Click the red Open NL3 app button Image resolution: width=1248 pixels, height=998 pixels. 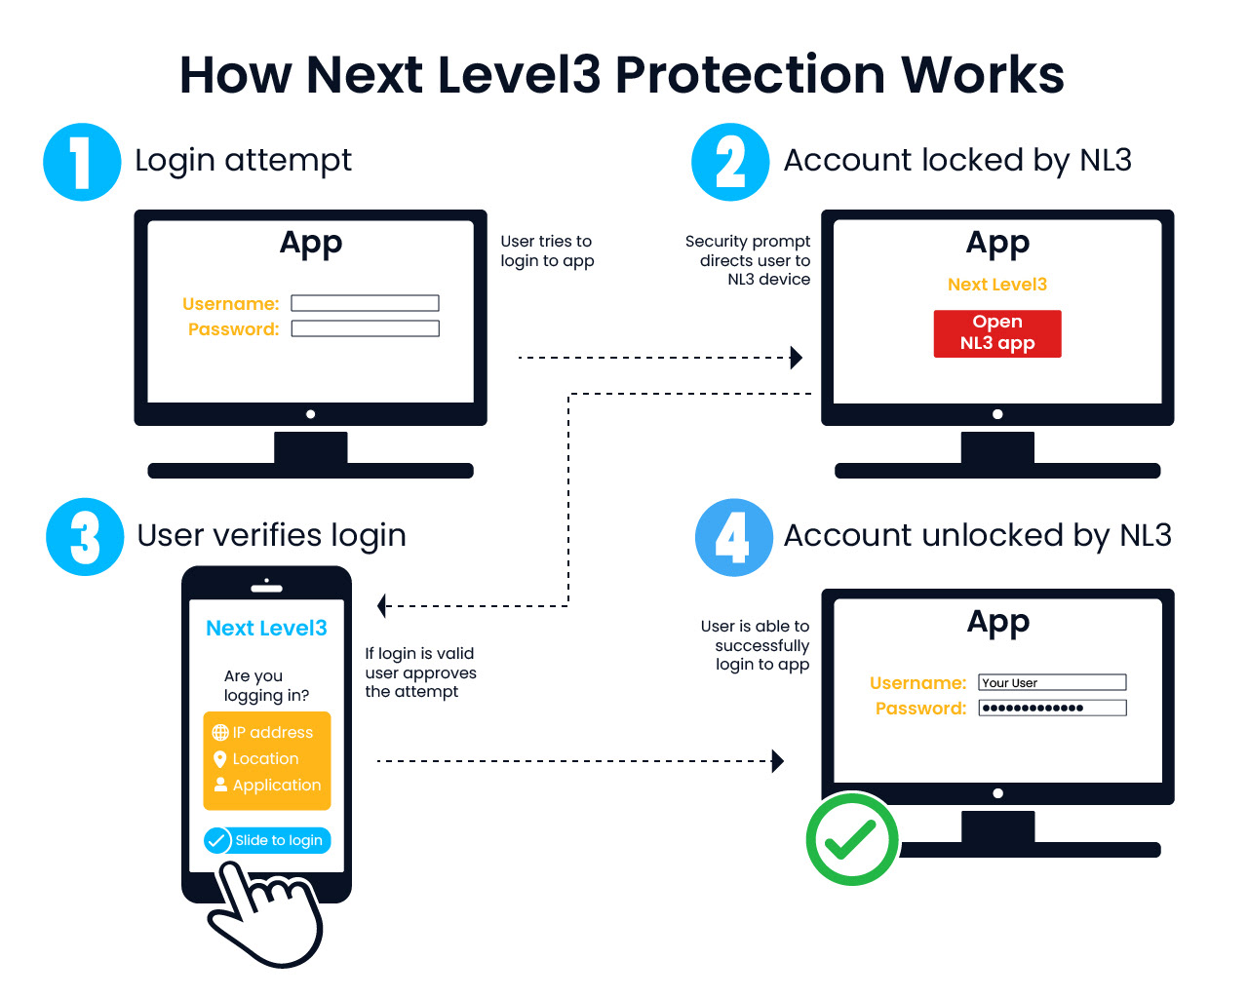(x=996, y=333)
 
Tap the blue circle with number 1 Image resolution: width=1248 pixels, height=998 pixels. (x=82, y=162)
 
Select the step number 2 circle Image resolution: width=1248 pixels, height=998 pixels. (x=730, y=162)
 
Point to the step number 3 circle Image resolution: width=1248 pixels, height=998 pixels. (x=85, y=537)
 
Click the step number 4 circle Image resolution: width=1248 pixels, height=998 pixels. (x=733, y=537)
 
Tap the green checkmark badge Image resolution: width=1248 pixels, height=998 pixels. (x=851, y=839)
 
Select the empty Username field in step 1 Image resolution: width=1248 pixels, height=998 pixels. (x=365, y=303)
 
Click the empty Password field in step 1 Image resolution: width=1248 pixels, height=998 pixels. (x=365, y=328)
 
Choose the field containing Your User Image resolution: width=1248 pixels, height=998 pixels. (x=1052, y=682)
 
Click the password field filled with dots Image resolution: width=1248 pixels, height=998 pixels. (x=1052, y=708)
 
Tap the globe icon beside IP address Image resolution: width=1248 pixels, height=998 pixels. (x=220, y=733)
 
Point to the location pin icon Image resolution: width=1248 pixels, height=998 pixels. (x=220, y=759)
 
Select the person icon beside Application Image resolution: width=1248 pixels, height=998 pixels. (x=220, y=785)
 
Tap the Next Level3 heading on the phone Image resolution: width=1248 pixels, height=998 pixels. (x=266, y=629)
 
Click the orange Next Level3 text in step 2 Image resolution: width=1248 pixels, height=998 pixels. (x=996, y=285)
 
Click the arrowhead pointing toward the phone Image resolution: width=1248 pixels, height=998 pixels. (x=383, y=606)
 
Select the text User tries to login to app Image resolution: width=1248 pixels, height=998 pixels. (x=547, y=251)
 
